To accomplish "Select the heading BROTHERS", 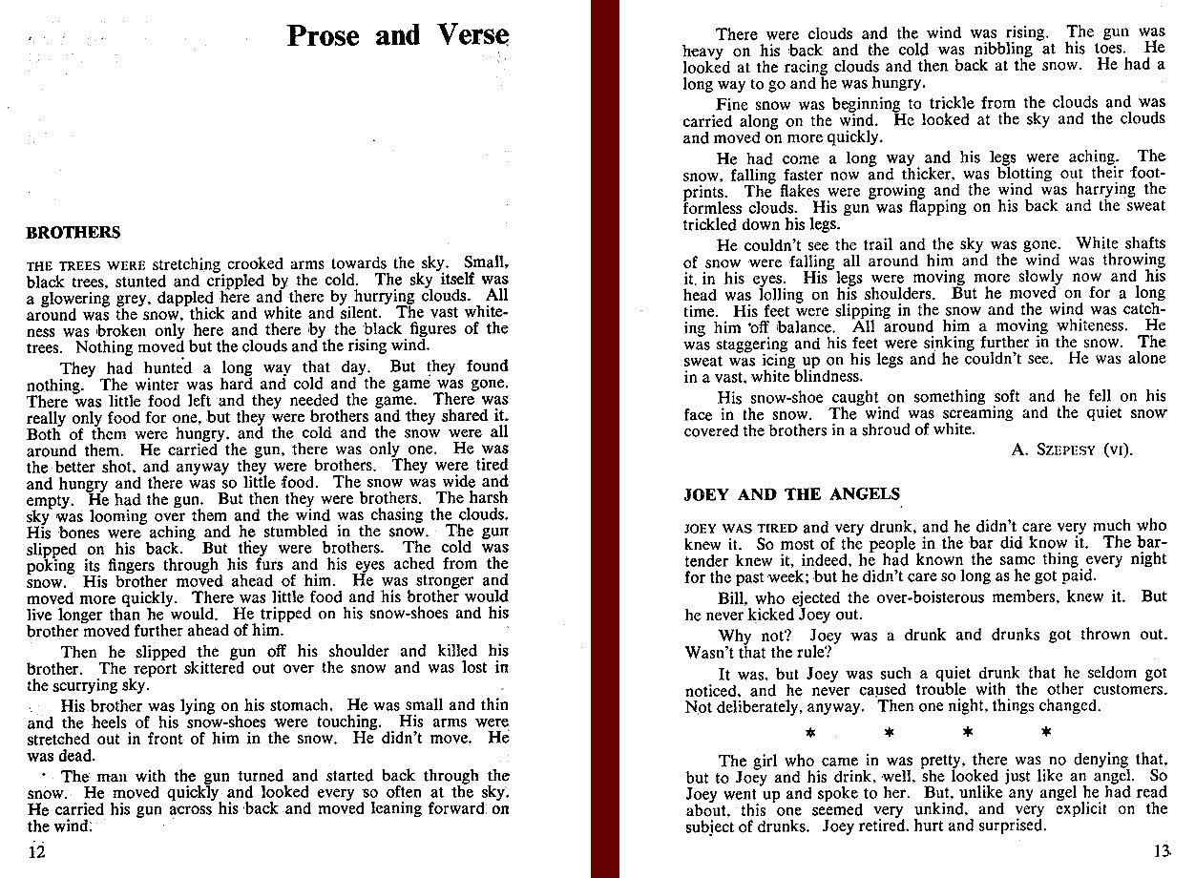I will pyautogui.click(x=73, y=233).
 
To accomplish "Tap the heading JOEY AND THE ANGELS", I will pyautogui.click(x=791, y=494).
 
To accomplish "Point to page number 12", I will pyautogui.click(x=36, y=852).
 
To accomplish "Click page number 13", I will pyautogui.click(x=1162, y=852).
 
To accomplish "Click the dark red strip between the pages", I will pyautogui.click(x=605, y=439).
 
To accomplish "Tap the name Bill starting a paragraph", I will pyautogui.click(x=732, y=596).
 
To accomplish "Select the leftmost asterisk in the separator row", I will pyautogui.click(x=808, y=733).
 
